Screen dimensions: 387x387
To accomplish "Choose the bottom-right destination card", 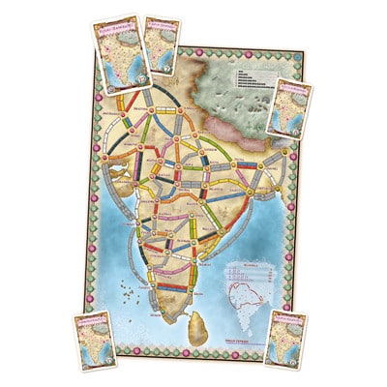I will point(287,339).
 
